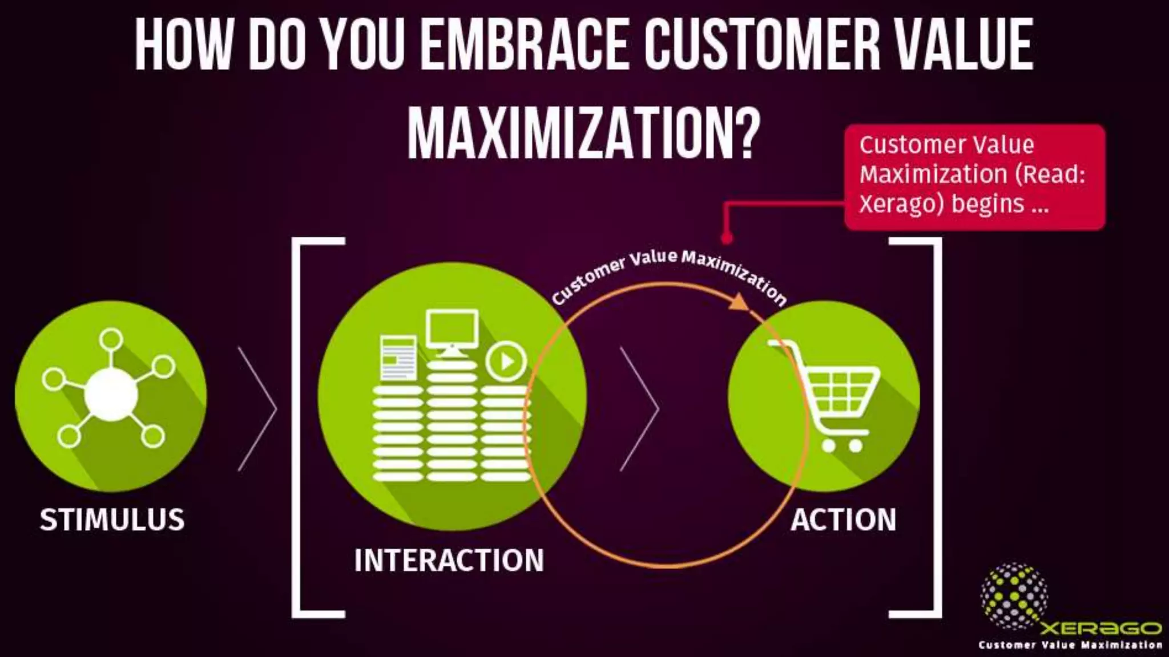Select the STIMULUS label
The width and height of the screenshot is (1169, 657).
tap(112, 520)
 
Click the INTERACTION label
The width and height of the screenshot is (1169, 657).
tap(449, 560)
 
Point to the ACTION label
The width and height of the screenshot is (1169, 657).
tap(843, 520)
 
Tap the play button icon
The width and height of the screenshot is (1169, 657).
tap(506, 360)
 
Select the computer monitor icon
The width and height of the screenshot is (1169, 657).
tap(452, 331)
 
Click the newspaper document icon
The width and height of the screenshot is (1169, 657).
tap(398, 358)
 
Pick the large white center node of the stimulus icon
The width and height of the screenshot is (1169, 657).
tap(111, 394)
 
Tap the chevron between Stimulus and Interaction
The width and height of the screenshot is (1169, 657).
tap(257, 408)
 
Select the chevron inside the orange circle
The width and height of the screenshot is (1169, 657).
tap(640, 408)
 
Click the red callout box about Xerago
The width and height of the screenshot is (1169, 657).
tap(974, 176)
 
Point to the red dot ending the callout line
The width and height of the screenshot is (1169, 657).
tap(726, 237)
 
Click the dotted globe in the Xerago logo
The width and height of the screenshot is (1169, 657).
tap(1014, 595)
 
